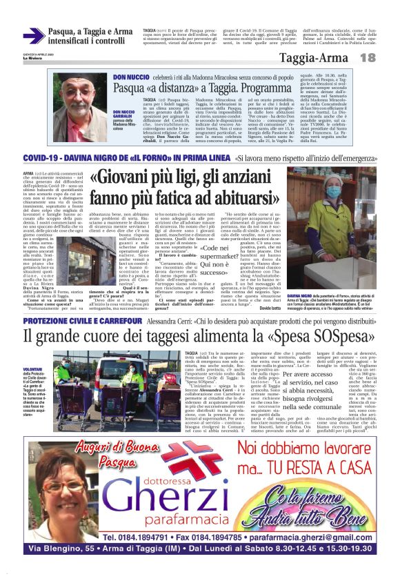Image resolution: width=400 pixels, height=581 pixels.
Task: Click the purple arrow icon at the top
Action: (x=34, y=36)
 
